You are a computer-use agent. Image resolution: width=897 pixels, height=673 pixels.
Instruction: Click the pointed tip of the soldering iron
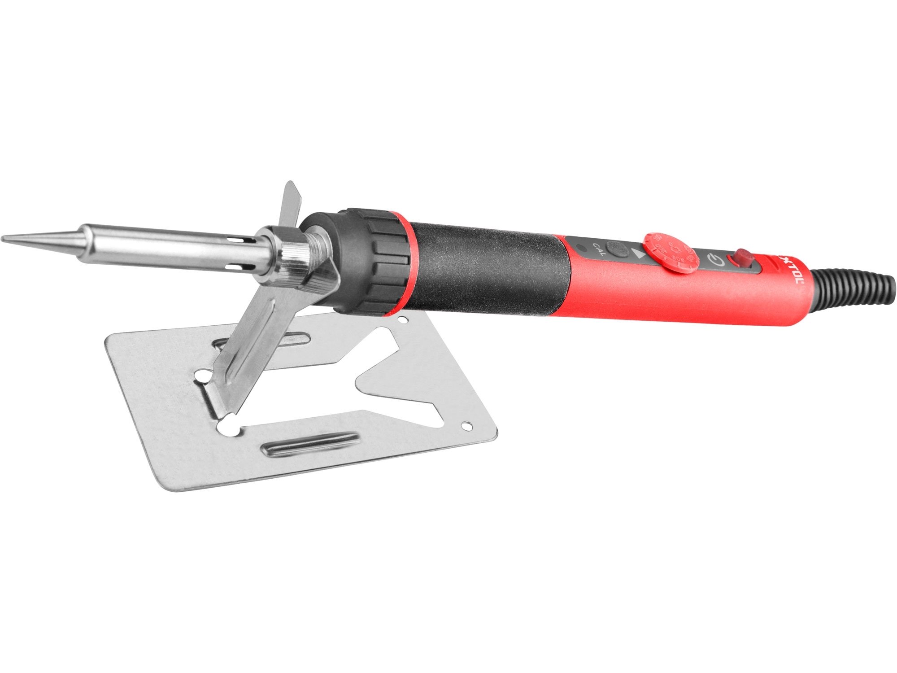[x=5, y=238]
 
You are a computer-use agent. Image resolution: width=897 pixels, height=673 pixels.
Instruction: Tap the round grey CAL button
[x=614, y=248]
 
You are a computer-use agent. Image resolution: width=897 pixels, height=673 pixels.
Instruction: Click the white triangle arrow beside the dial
[x=640, y=254]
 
